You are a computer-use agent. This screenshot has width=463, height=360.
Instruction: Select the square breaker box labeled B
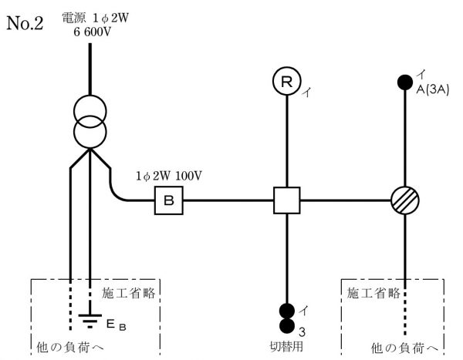[x=167, y=201]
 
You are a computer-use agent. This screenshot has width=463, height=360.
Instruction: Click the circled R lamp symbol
[x=286, y=82]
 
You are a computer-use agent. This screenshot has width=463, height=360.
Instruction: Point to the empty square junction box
[x=286, y=201]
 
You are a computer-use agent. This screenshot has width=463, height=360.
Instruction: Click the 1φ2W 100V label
[x=168, y=176]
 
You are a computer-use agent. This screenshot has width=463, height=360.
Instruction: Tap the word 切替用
[x=286, y=345]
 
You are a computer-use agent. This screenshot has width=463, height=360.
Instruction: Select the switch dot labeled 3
[x=286, y=326]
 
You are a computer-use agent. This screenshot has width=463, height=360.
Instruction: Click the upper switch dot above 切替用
[x=286, y=311]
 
